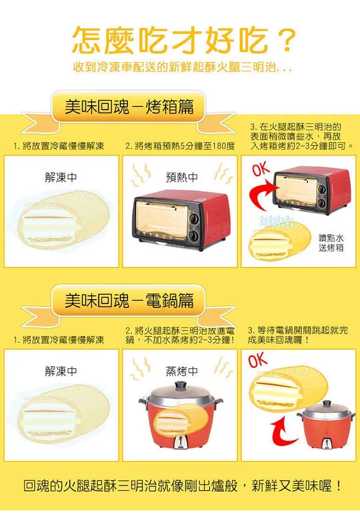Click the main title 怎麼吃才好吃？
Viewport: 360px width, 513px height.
pos(183,40)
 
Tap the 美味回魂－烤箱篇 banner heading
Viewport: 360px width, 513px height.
pos(130,107)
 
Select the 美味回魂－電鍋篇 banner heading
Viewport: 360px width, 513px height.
pos(130,300)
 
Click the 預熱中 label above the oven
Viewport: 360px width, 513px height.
pos(182,177)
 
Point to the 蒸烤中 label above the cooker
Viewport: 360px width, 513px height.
pos(182,371)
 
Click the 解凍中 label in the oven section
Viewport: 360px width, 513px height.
pos(61,177)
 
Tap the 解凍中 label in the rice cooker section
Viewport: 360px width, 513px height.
pos(61,371)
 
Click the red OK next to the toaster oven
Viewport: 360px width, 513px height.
pos(261,170)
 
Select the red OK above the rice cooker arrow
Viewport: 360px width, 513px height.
pos(258,360)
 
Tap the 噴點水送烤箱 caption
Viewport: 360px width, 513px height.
pos(331,243)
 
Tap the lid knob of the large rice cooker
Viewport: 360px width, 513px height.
pos(180,384)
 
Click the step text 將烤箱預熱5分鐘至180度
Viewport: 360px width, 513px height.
pos(180,146)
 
